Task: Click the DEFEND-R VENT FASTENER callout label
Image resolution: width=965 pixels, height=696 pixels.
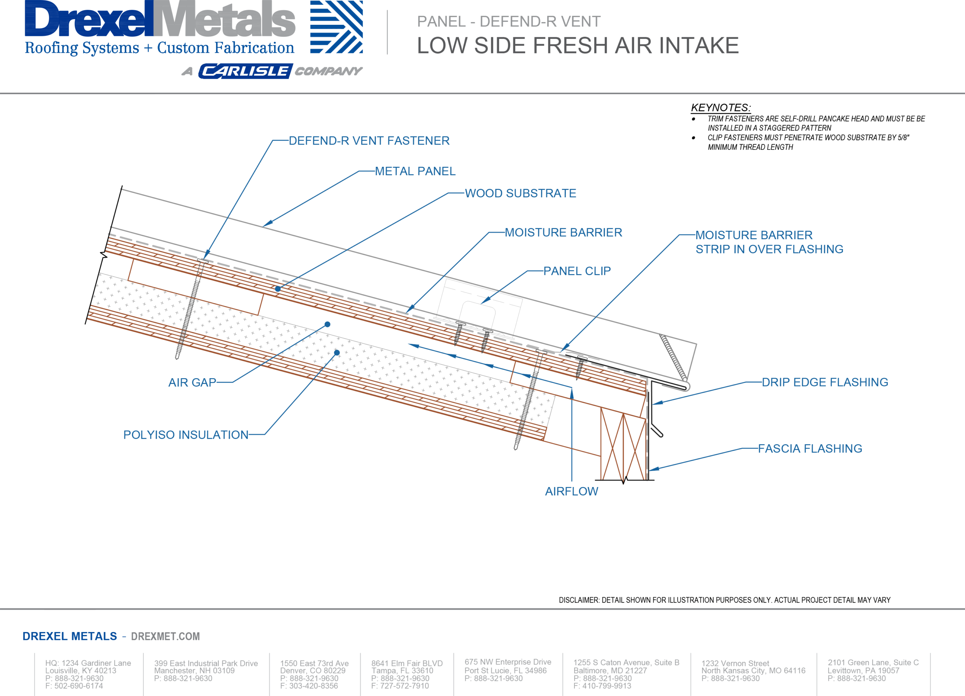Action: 369,141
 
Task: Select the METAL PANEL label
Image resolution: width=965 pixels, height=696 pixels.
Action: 415,171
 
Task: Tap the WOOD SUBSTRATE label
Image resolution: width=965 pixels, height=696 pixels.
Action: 520,194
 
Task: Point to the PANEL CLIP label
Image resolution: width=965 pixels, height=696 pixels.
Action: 577,271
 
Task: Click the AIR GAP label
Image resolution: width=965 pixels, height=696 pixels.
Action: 192,383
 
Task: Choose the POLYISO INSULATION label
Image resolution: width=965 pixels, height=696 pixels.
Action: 185,435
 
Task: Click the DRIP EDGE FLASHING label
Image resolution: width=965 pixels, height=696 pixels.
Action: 825,382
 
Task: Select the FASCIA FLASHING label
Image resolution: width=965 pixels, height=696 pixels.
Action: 810,449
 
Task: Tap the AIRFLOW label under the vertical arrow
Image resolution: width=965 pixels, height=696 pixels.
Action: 571,491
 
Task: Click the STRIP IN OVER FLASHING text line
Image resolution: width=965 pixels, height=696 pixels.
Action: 769,249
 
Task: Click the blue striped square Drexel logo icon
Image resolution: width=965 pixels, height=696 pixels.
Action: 336,27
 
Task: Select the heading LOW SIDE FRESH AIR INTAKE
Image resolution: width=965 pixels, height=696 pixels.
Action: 577,46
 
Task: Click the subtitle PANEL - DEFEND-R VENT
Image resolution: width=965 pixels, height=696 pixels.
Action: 509,21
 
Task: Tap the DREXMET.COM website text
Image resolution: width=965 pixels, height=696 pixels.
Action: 165,636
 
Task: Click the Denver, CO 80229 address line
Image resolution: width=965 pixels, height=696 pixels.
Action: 312,670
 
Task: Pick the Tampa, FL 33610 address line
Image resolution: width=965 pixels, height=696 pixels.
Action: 402,670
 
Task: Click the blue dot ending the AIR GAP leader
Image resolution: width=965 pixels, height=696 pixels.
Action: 327,324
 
